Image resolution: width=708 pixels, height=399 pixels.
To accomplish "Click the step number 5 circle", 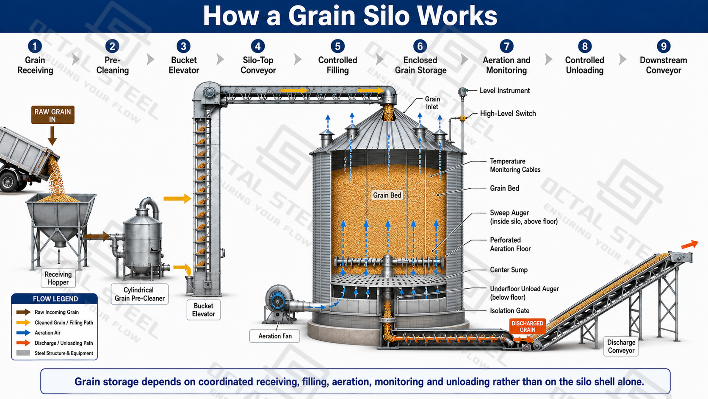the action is pyautogui.click(x=337, y=46).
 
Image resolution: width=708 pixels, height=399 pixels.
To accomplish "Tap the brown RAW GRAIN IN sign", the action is pyautogui.click(x=53, y=115).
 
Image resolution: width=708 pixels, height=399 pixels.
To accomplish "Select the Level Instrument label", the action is pyautogui.click(x=505, y=90).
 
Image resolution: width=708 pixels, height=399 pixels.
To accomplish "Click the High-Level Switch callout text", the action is pyautogui.click(x=508, y=114).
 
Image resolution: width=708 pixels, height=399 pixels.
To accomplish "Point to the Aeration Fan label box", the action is pyautogui.click(x=275, y=336).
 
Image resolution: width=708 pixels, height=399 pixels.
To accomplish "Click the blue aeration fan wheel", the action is pyautogui.click(x=277, y=301).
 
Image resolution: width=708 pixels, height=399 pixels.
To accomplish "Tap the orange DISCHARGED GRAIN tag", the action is pyautogui.click(x=527, y=326).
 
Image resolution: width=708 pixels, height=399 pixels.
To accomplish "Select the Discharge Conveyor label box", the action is pyautogui.click(x=621, y=346).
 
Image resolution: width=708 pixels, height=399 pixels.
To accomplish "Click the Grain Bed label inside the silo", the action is pyautogui.click(x=387, y=195).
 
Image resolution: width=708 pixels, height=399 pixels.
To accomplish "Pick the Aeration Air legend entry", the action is pyautogui.click(x=47, y=332).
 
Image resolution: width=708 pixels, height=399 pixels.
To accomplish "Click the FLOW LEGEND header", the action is pyautogui.click(x=55, y=299).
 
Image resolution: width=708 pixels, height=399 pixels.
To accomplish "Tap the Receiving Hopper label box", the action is pyautogui.click(x=58, y=278).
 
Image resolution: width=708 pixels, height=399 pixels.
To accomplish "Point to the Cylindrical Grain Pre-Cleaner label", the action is pyautogui.click(x=139, y=294).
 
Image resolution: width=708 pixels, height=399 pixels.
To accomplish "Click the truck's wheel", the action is pyautogui.click(x=9, y=182).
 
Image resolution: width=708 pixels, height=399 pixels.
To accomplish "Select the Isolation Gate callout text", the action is pyautogui.click(x=509, y=311).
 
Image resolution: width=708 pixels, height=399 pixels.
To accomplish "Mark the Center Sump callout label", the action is pyautogui.click(x=509, y=270).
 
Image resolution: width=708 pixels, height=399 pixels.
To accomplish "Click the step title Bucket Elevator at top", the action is pyautogui.click(x=184, y=65).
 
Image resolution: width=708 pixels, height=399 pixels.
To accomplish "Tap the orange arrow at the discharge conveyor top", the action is pyautogui.click(x=689, y=245).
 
